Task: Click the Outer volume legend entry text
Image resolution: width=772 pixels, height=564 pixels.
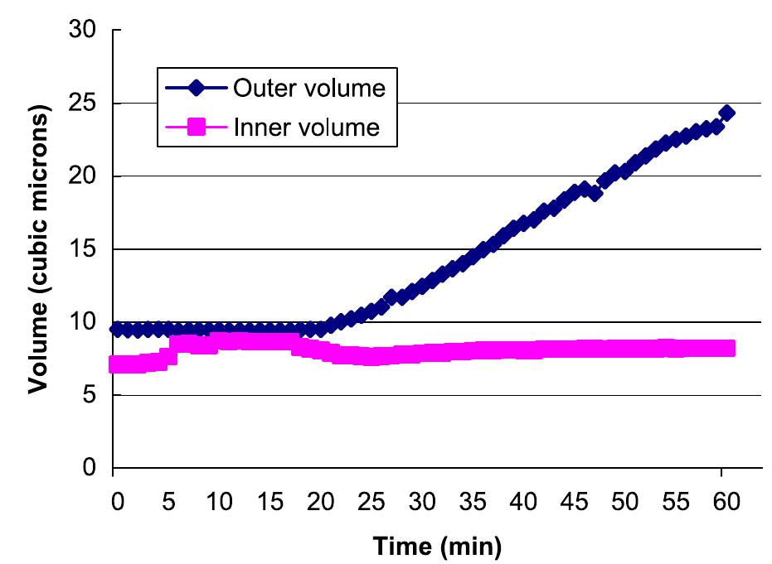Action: pos(309,88)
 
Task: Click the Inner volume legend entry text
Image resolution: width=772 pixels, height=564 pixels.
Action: pos(306,128)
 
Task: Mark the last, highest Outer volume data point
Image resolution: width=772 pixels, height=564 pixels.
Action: pos(726,113)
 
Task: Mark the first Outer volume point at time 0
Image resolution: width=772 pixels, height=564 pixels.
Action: pos(117,330)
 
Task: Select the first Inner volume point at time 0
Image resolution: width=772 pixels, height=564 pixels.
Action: pos(117,364)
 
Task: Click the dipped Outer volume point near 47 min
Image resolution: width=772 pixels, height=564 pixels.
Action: pos(595,193)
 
